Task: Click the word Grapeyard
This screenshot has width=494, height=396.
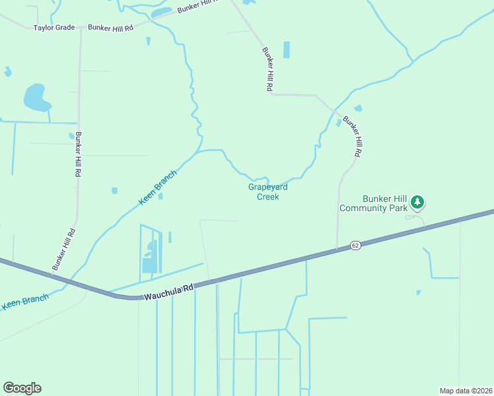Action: (x=267, y=187)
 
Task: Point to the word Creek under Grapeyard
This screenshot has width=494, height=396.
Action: (x=267, y=197)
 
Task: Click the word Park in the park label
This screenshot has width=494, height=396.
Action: (x=398, y=208)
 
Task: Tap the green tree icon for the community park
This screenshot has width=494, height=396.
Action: (x=417, y=201)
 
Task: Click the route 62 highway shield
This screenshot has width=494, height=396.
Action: (x=355, y=245)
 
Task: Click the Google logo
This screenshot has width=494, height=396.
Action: (x=22, y=388)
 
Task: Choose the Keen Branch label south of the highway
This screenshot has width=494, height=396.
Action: (x=25, y=302)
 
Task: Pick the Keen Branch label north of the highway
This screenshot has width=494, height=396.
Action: (x=157, y=187)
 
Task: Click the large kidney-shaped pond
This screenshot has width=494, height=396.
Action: (x=36, y=98)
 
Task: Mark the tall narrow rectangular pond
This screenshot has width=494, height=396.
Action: (x=286, y=50)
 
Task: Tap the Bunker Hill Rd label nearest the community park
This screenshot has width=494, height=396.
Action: (x=351, y=137)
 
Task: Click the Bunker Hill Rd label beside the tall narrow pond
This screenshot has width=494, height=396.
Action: (x=267, y=69)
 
